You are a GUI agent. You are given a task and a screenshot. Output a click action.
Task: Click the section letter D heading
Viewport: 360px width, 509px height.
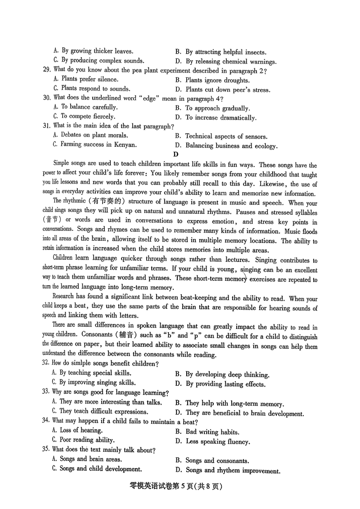[x=176, y=154]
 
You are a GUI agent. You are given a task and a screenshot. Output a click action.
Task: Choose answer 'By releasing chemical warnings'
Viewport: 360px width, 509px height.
[x=231, y=62]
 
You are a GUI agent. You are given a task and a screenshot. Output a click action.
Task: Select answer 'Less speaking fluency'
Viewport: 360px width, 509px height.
[x=218, y=441]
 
